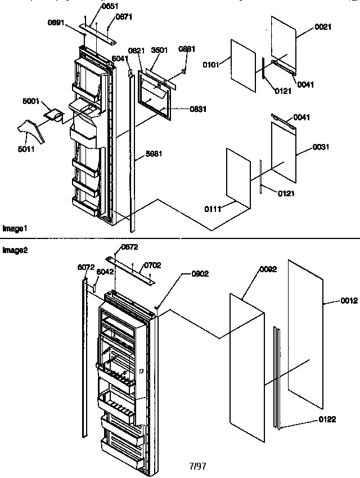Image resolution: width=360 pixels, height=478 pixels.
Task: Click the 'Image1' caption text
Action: point(15,229)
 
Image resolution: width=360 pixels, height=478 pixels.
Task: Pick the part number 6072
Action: point(84,268)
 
